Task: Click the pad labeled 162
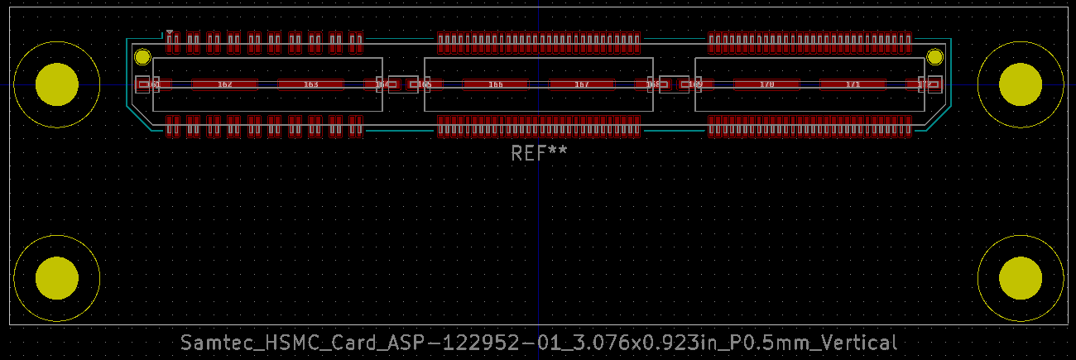pos(224,84)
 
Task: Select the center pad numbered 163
pos(310,84)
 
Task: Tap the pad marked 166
pos(495,84)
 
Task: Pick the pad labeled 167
pos(581,84)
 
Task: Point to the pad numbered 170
pos(766,84)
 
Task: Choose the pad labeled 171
pos(853,84)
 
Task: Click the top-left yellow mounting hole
pos(57,84)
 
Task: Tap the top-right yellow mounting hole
pos(1020,84)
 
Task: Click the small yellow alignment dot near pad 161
pos(142,57)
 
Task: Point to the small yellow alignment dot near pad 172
pos(934,57)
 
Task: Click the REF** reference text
pos(539,153)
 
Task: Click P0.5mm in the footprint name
pos(761,343)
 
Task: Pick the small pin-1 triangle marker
pos(170,33)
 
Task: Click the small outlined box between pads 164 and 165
pos(403,84)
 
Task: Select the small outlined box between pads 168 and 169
pos(675,84)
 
